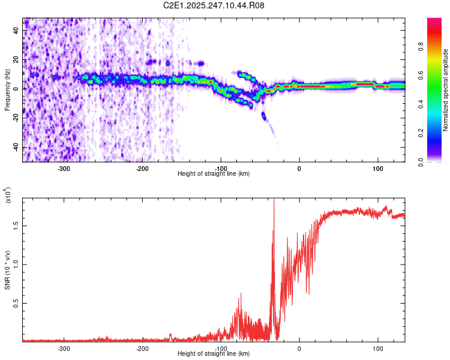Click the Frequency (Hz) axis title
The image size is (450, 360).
(x=7, y=90)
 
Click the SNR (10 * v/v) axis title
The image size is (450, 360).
(x=7, y=270)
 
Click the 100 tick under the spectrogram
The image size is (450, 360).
(x=378, y=169)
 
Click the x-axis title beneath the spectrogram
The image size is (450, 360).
(x=214, y=174)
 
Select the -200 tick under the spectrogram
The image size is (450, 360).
(x=143, y=169)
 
